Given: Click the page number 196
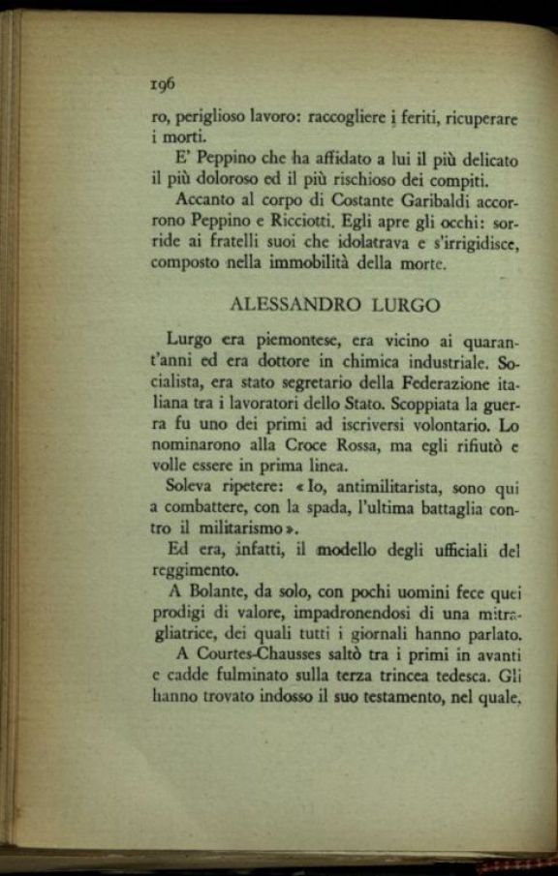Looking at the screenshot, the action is click(161, 85).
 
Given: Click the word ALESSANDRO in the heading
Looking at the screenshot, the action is click(295, 305).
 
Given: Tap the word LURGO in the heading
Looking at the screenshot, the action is click(405, 305).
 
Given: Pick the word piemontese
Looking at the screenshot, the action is click(291, 341).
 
